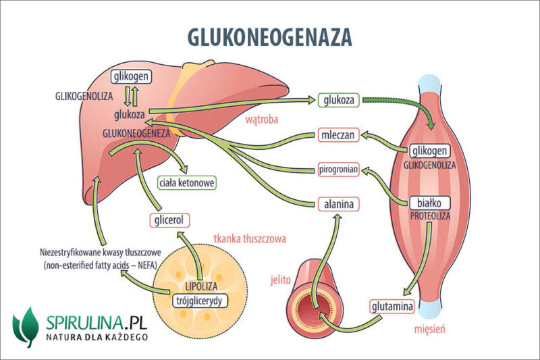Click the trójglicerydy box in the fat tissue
pos(199,300)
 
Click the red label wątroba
pos(263,121)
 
